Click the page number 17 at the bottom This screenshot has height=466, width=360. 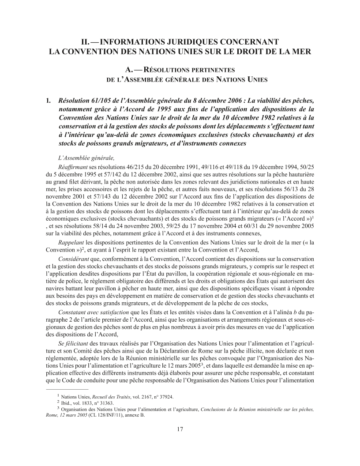180,429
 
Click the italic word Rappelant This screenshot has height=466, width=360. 71,243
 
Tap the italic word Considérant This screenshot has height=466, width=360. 73,259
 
